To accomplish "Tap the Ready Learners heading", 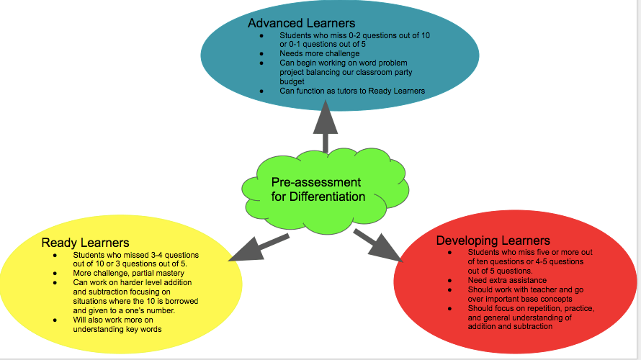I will click(x=85, y=243).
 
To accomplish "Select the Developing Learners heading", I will click(x=493, y=240).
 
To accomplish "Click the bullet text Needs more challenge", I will click(x=319, y=54).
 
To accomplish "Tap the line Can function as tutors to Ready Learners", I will click(x=352, y=91).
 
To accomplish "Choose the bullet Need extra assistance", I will click(x=507, y=280).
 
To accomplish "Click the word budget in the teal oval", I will click(x=292, y=82).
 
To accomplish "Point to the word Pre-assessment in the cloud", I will click(x=316, y=182).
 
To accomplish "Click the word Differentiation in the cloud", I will click(x=328, y=197).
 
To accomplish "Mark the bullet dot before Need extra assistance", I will click(x=449, y=280).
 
